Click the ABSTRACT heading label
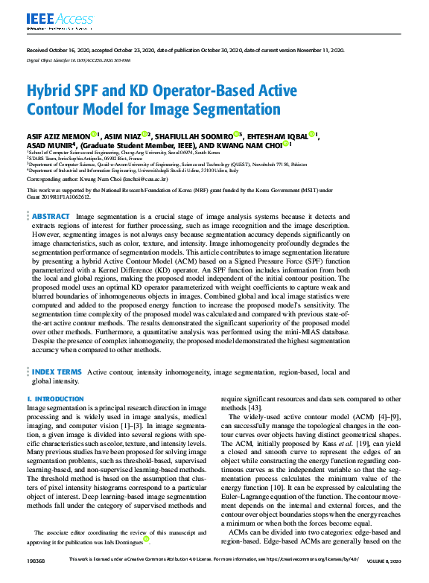point(51,216)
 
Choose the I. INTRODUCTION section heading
point(55,399)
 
